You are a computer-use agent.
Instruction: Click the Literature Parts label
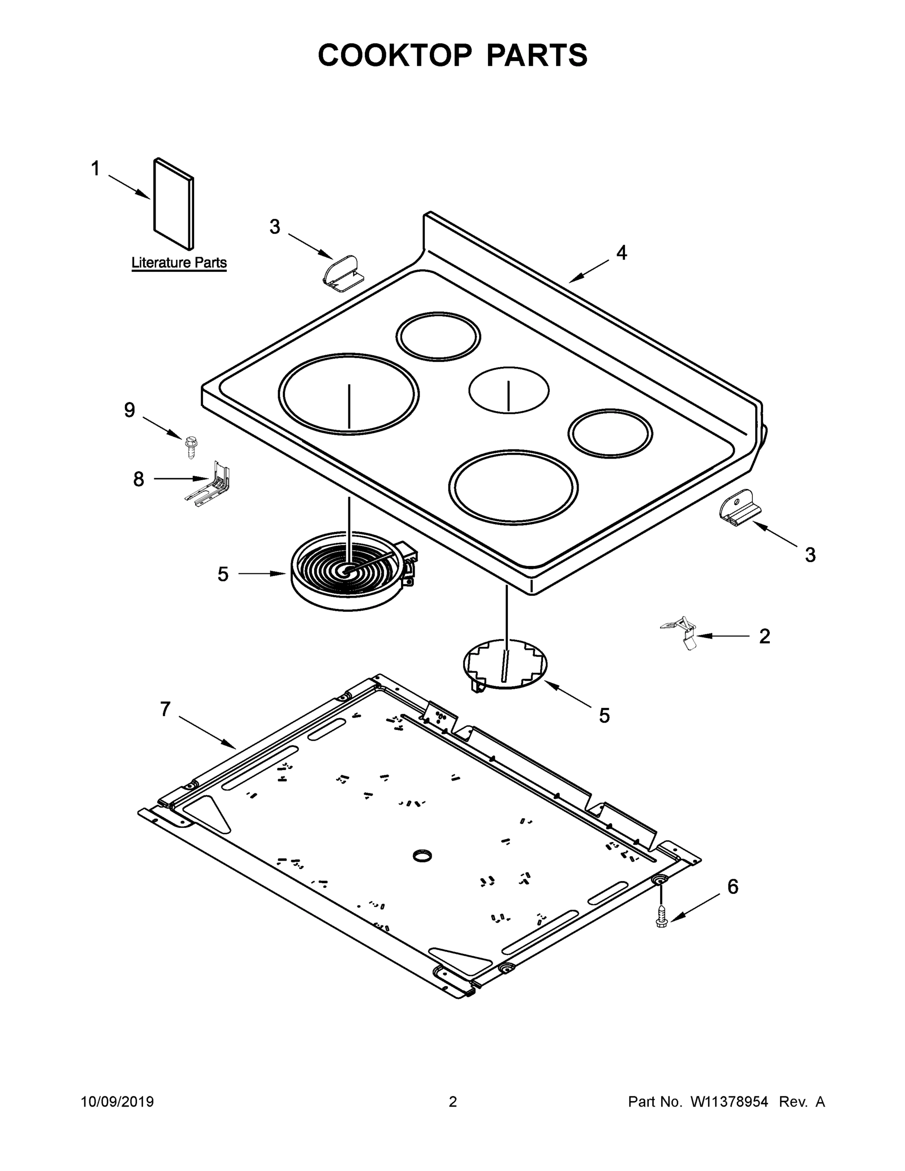tap(179, 262)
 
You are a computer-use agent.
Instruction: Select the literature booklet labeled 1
tap(173, 204)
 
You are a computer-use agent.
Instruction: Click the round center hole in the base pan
tap(422, 856)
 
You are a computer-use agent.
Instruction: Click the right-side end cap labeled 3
tap(740, 506)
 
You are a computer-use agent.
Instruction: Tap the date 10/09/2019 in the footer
tap(118, 1101)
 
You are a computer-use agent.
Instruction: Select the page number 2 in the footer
tap(453, 1101)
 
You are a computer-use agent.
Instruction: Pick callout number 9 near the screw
tap(130, 410)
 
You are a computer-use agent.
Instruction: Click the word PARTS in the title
tap(536, 55)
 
